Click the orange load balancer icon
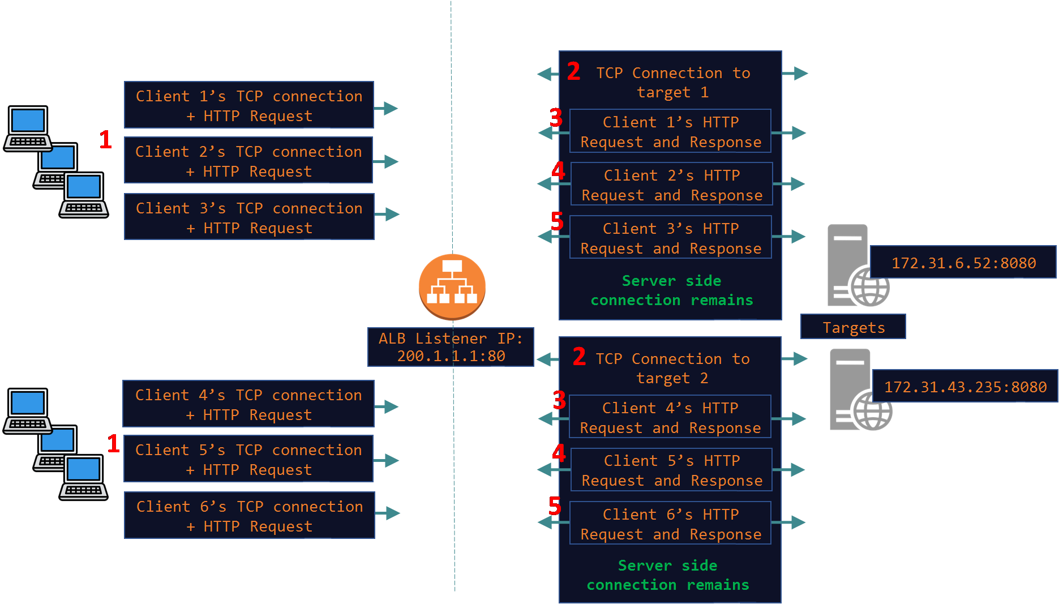tap(452, 286)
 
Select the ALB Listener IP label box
tap(451, 347)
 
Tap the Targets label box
tap(853, 327)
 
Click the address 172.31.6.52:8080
tap(963, 263)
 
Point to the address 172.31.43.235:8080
tap(965, 387)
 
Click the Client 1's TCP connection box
tap(249, 105)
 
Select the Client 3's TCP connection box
tap(249, 217)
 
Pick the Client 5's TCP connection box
tap(248, 459)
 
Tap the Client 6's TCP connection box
tap(250, 516)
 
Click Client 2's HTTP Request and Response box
tap(672, 185)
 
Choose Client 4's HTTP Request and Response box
tap(670, 417)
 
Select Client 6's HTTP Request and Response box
tap(671, 524)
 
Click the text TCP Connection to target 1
tap(673, 82)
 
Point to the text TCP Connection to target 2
tap(672, 368)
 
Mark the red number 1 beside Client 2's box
tap(105, 140)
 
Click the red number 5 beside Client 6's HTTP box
tap(555, 506)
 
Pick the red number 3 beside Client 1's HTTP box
tap(556, 118)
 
